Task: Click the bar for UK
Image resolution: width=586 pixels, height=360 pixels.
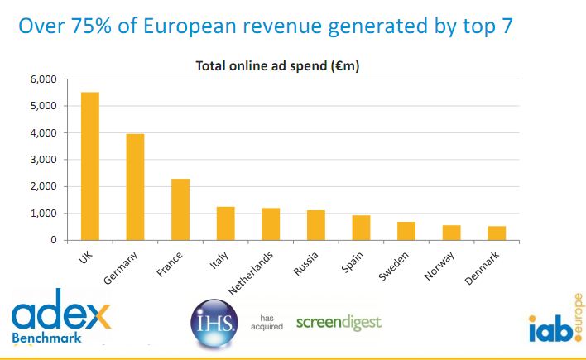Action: [89, 166]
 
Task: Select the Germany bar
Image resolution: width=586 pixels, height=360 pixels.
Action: [135, 186]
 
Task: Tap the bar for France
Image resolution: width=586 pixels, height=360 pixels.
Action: [180, 209]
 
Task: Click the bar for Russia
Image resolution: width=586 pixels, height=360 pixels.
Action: [315, 224]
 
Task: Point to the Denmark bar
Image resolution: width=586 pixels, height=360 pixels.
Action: [497, 233]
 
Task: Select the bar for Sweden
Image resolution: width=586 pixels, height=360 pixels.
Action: [406, 230]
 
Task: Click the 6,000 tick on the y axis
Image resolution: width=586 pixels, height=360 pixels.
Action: [42, 79]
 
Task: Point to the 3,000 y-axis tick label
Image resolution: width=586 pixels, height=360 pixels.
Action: [42, 160]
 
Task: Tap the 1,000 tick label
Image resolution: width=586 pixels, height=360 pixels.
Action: [42, 214]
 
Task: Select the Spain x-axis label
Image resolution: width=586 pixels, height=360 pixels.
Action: [351, 257]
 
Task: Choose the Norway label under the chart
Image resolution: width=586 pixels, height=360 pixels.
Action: [439, 260]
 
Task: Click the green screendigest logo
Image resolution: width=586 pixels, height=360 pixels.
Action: [339, 321]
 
